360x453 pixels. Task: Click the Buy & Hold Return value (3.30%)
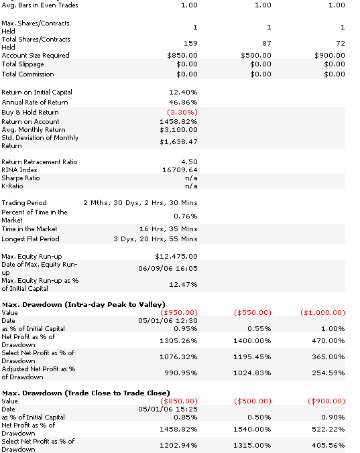(182, 112)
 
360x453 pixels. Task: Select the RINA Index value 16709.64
(180, 170)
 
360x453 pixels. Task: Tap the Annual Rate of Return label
(35, 103)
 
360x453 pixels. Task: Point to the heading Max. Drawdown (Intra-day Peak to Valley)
(84, 304)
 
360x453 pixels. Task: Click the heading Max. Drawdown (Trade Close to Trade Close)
(86, 393)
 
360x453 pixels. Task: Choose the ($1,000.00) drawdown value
(322, 312)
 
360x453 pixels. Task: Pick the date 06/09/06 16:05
(168, 269)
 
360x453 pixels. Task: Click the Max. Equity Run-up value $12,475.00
(176, 256)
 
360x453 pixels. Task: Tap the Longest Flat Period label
(30, 239)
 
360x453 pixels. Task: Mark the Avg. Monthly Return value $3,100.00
(178, 130)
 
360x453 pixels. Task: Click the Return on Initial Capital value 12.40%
(183, 92)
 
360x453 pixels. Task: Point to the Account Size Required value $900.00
(330, 55)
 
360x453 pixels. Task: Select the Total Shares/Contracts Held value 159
(190, 44)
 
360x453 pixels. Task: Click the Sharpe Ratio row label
(21, 178)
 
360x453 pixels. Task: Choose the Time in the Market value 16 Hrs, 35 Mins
(168, 229)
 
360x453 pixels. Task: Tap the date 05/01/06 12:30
(168, 321)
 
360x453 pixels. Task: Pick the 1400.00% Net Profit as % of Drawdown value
(252, 341)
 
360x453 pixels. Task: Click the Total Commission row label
(27, 74)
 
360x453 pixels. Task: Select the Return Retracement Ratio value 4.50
(189, 161)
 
